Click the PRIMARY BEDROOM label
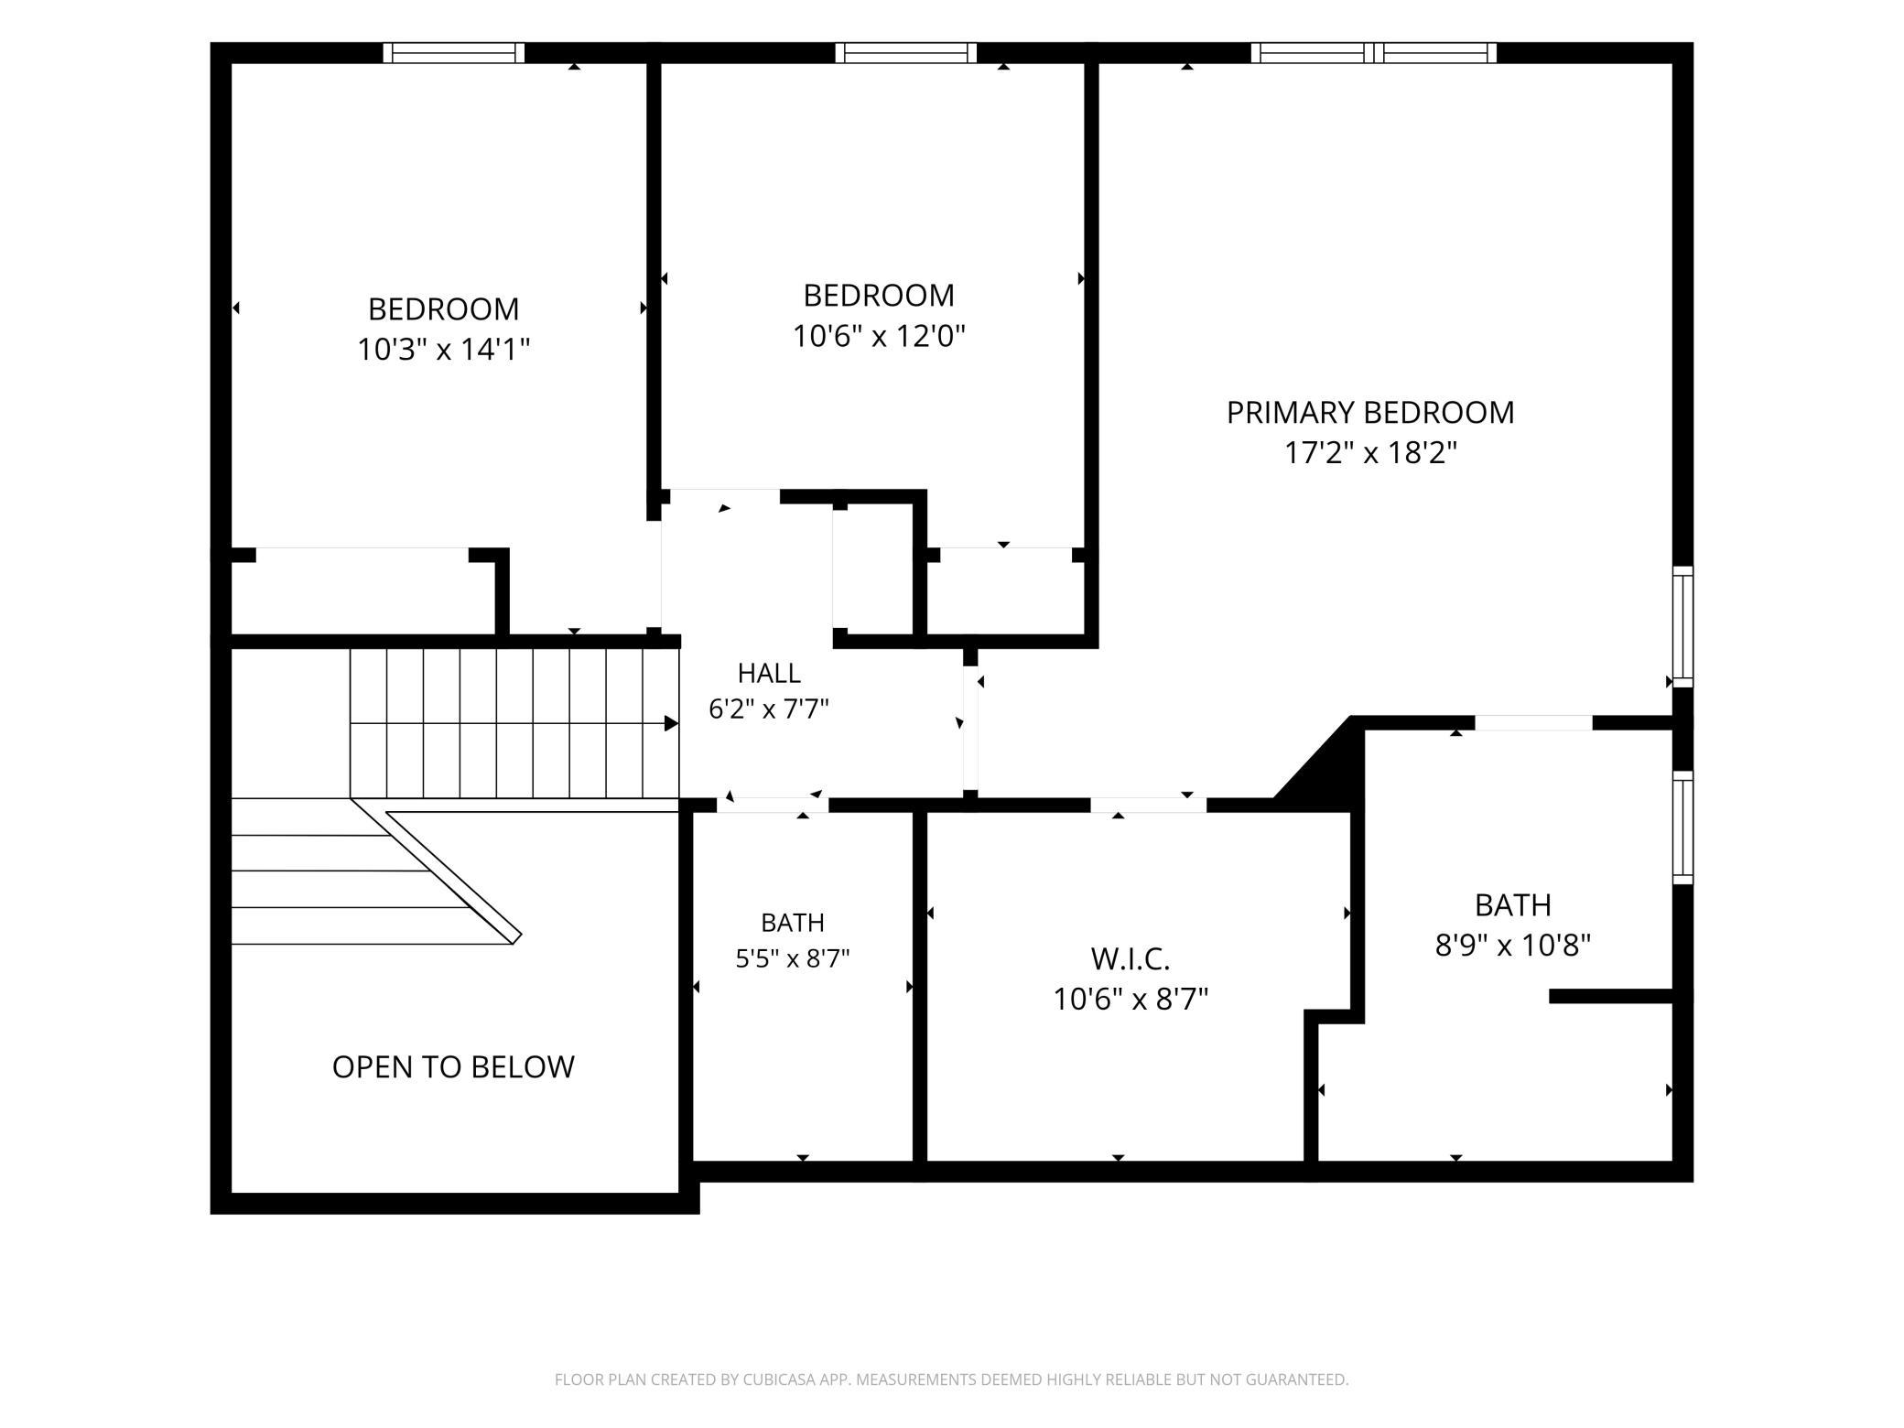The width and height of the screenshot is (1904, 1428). click(1370, 413)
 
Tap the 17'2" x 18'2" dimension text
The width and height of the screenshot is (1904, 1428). click(1370, 453)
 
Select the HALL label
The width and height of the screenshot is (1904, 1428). click(769, 674)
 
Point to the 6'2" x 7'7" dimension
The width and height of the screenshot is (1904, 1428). click(769, 709)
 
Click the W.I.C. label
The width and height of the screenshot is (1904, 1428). click(1130, 959)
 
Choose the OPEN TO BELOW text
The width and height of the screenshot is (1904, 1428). click(453, 1067)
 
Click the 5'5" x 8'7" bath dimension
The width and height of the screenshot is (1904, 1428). click(793, 958)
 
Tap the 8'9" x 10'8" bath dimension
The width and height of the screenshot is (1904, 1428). click(1513, 945)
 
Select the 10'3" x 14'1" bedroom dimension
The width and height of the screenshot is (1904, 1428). click(444, 350)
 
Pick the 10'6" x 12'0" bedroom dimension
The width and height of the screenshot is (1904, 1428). click(879, 337)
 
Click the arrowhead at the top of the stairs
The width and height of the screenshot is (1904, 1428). click(671, 724)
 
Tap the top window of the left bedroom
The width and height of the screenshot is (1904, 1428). click(454, 53)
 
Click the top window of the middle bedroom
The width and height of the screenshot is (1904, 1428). click(905, 53)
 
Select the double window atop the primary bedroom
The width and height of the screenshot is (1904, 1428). click(1374, 53)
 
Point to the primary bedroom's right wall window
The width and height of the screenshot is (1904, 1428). click(1682, 627)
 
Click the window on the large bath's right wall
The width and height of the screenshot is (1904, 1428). click(1682, 828)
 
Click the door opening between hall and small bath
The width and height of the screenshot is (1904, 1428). click(773, 806)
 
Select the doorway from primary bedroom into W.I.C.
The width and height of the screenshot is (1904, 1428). click(1148, 806)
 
